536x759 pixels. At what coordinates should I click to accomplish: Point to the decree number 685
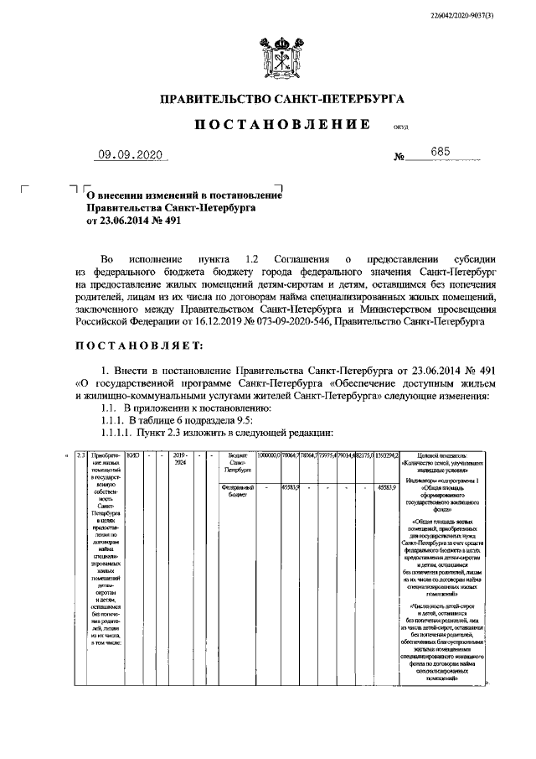[x=440, y=152]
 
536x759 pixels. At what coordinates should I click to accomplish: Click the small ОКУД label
[x=399, y=129]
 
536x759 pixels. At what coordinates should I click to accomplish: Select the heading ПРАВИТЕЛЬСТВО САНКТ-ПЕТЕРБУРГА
[x=282, y=99]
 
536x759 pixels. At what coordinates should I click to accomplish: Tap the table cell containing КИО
[x=131, y=455]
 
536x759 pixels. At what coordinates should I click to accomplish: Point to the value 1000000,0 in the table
[x=269, y=455]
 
